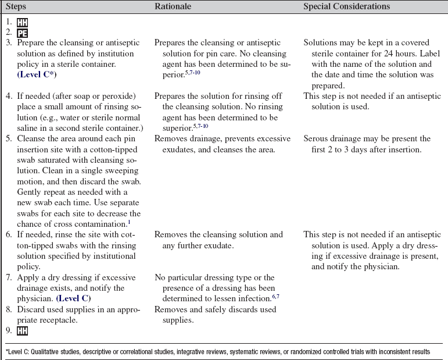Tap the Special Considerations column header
(x=346, y=6)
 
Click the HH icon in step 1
(x=22, y=22)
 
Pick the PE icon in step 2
(x=22, y=33)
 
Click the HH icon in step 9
(x=22, y=331)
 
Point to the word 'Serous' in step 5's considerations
(x=317, y=139)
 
